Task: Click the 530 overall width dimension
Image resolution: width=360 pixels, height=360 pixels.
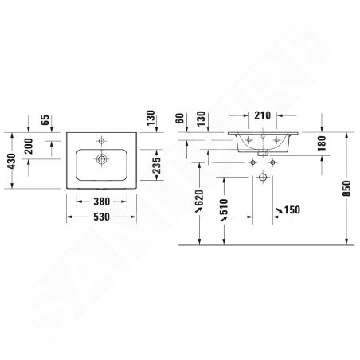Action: [101, 217]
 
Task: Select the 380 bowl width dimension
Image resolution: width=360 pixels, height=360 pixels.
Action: [101, 202]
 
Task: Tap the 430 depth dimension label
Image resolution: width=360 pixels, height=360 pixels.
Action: [11, 161]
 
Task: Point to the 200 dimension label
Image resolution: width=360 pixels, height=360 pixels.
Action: [28, 146]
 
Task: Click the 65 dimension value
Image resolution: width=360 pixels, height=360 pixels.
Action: [45, 120]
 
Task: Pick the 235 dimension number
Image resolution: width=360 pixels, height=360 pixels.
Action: [157, 165]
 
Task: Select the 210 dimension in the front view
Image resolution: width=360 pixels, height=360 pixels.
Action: [263, 115]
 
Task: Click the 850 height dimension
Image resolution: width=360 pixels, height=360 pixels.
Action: [346, 188]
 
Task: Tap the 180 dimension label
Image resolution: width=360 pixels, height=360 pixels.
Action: [321, 143]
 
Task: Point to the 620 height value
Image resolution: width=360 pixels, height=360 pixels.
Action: [198, 198]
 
